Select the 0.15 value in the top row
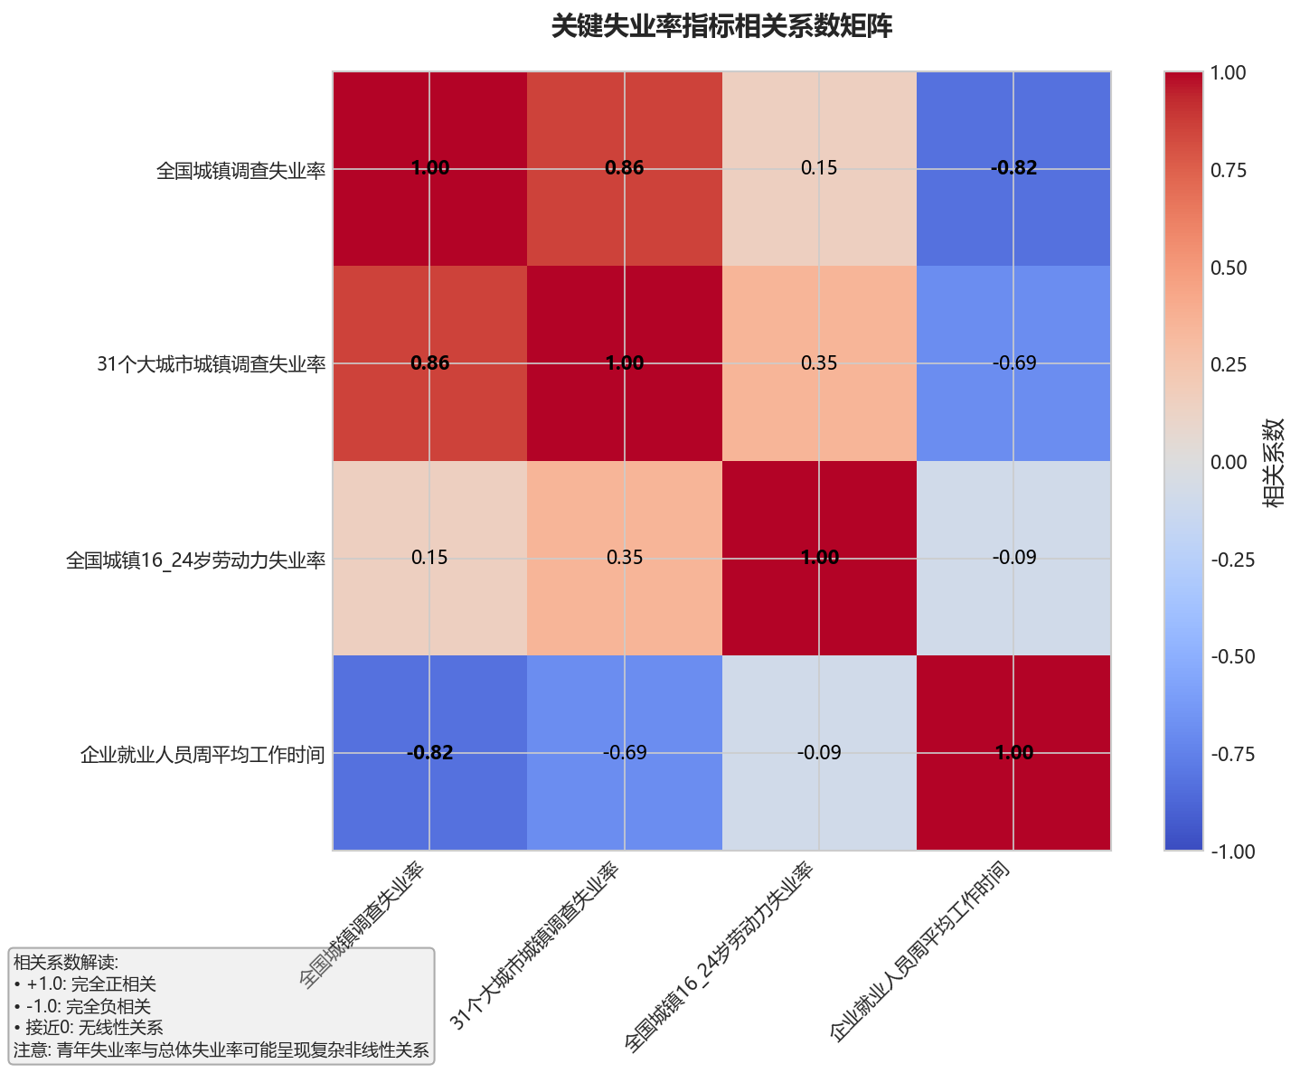coord(819,168)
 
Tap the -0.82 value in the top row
coord(1013,168)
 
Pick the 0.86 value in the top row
coord(624,168)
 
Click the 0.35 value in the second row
coord(819,363)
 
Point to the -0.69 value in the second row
coord(1013,363)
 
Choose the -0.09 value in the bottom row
coord(819,752)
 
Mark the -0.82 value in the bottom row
coord(429,752)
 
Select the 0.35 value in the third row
coord(624,558)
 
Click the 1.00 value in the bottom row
coord(1013,752)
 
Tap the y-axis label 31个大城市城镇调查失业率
coord(211,364)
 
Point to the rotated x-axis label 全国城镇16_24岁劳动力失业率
coord(721,956)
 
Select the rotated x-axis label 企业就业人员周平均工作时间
coord(919,951)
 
